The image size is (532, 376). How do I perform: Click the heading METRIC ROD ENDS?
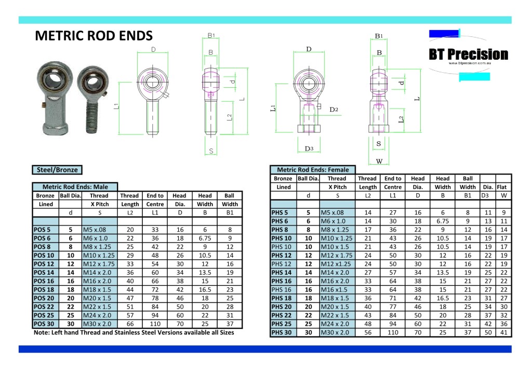click(x=94, y=36)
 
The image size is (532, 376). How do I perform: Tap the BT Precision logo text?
click(x=468, y=55)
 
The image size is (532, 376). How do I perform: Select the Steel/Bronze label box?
click(x=57, y=169)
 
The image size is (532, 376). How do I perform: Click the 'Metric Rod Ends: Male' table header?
click(x=75, y=186)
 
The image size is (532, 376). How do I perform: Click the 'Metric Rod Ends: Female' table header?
click(x=313, y=169)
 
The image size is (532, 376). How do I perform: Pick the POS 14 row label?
click(x=44, y=272)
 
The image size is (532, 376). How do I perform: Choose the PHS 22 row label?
click(x=281, y=316)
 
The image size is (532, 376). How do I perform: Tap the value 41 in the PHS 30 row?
click(x=503, y=333)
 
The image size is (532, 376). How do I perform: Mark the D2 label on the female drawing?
click(x=334, y=110)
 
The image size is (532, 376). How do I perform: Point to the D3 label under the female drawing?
click(x=309, y=149)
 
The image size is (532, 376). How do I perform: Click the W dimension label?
click(x=379, y=160)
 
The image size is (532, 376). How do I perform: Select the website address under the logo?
click(x=467, y=63)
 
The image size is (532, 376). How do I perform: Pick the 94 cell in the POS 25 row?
click(x=155, y=315)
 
